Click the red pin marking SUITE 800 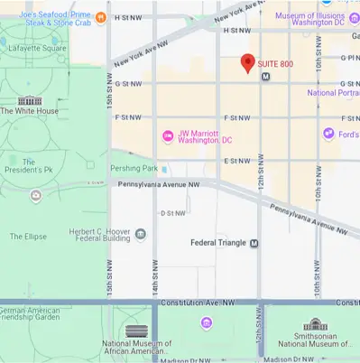pyautogui.click(x=247, y=62)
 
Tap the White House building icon pyautogui.click(x=29, y=100)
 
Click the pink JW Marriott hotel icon pyautogui.click(x=166, y=136)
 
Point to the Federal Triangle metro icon pyautogui.click(x=254, y=243)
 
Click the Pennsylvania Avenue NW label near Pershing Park pyautogui.click(x=157, y=183)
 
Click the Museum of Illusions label pyautogui.click(x=312, y=16)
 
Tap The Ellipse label pyautogui.click(x=28, y=237)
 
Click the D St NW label pyautogui.click(x=172, y=213)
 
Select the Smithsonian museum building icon pyautogui.click(x=315, y=324)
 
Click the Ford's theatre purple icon pyautogui.click(x=329, y=134)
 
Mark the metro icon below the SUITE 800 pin pyautogui.click(x=265, y=78)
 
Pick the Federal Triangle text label pyautogui.click(x=218, y=243)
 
